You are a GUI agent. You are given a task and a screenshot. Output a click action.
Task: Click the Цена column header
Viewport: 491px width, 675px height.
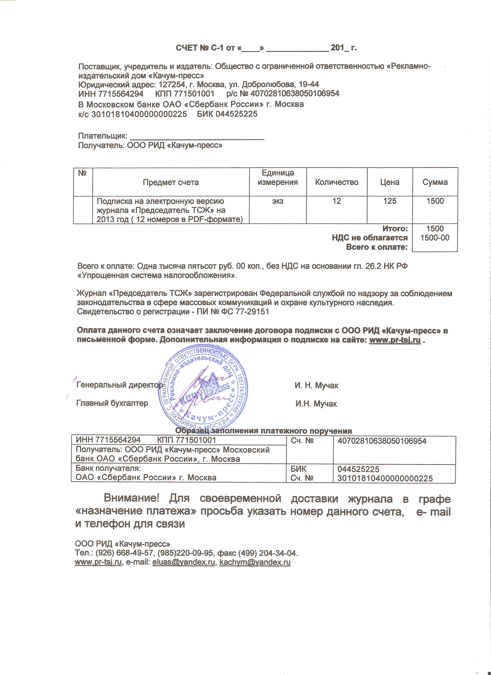pos(390,182)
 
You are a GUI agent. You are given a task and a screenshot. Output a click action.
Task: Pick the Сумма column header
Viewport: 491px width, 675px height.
pos(435,182)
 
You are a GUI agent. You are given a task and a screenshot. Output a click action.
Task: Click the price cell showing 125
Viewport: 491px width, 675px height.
pos(390,201)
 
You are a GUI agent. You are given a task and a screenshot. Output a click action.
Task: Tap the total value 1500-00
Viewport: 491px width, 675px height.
pos(435,238)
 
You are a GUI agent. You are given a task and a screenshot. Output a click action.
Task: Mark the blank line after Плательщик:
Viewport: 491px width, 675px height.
pos(197,137)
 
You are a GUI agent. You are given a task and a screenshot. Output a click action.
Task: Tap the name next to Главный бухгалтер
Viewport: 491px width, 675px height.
pos(316,404)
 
